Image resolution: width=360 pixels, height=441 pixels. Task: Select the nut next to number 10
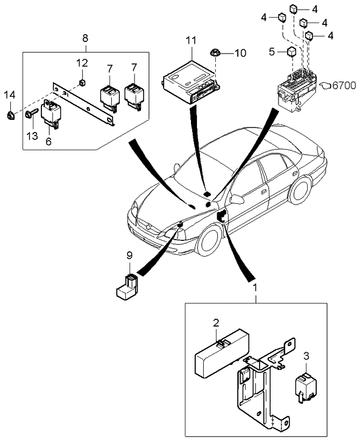[x=216, y=53]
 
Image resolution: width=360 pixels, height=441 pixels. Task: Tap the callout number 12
[x=81, y=63]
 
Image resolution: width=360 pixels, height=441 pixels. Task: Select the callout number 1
[x=255, y=286]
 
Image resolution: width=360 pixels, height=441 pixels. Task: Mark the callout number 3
[x=306, y=355]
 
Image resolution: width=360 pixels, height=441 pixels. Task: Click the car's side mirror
[x=237, y=199]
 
